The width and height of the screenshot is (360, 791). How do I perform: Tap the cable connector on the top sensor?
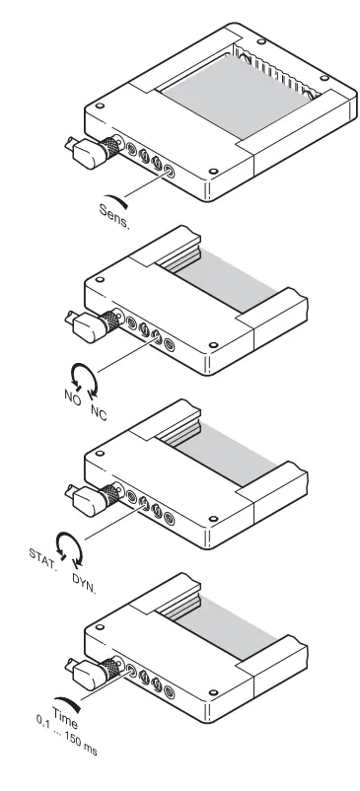(x=90, y=150)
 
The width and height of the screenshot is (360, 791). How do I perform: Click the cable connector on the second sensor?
(x=91, y=326)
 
